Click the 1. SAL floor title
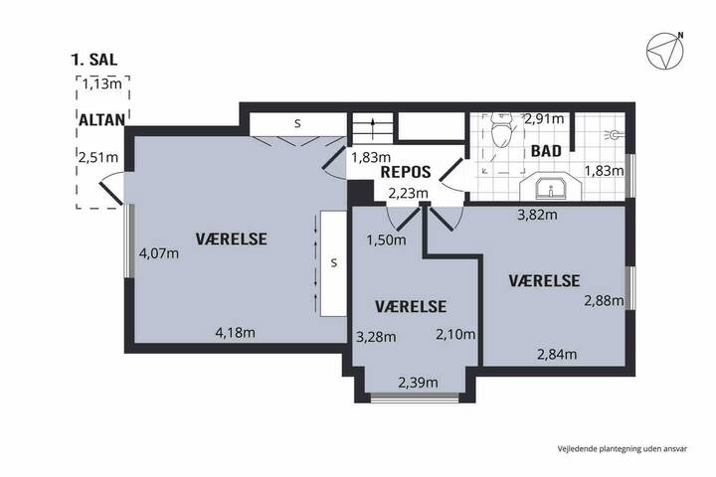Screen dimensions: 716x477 click(x=94, y=60)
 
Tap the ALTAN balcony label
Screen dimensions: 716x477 click(x=101, y=120)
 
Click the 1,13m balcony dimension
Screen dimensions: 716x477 click(x=102, y=84)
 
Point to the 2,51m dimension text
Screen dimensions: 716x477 click(x=98, y=157)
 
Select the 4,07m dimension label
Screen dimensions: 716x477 click(x=159, y=252)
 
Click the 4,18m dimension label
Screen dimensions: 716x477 click(x=235, y=333)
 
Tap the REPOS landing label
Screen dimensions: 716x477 click(x=406, y=172)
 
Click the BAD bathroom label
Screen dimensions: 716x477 click(x=546, y=151)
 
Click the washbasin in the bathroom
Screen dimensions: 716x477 click(x=551, y=187)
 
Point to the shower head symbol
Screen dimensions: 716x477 click(x=614, y=135)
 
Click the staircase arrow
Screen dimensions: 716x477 click(x=374, y=129)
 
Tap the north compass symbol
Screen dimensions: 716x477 click(x=665, y=51)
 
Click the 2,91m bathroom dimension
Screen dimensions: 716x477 click(x=544, y=119)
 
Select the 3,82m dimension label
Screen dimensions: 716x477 click(x=537, y=214)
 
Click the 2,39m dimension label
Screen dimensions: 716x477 click(x=419, y=383)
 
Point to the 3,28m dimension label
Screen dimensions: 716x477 click(x=376, y=337)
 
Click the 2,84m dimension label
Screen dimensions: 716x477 click(x=557, y=354)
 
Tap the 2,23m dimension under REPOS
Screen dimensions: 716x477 click(x=409, y=194)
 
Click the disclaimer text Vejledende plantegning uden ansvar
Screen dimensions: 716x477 click(x=622, y=449)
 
